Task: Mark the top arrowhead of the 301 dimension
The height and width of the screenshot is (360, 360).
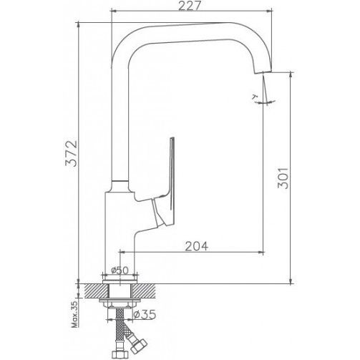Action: (291, 74)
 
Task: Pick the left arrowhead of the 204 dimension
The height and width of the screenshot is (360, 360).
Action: (122, 252)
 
